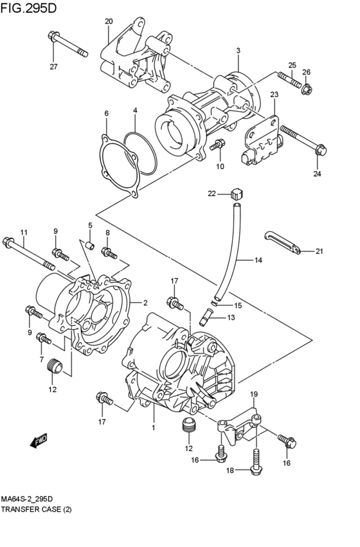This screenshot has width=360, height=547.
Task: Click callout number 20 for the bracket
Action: click(x=109, y=21)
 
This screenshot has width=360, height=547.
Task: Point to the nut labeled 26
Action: click(x=307, y=87)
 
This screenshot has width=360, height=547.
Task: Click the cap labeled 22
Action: click(x=235, y=192)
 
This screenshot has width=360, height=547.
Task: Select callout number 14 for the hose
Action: click(x=258, y=260)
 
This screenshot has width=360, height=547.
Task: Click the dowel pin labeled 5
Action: click(x=91, y=246)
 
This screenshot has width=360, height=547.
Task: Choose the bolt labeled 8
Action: click(x=110, y=254)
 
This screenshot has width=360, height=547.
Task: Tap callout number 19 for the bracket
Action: click(x=253, y=394)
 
